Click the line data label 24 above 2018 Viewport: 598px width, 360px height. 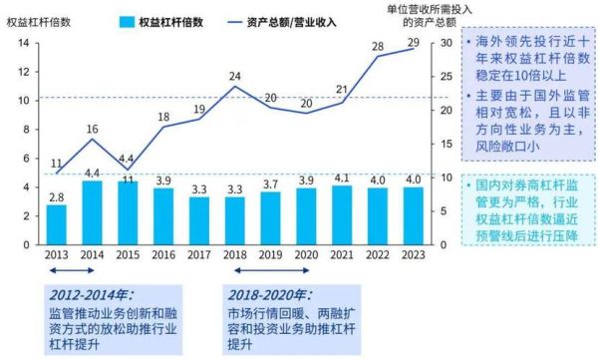234,76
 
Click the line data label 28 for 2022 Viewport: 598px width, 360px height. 376,47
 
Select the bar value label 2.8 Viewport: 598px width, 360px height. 57,196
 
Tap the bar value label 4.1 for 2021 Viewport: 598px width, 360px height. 340,179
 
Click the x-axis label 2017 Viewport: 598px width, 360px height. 198,254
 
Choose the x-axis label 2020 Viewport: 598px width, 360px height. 305,254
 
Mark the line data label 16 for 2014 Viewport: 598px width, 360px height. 92,130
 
